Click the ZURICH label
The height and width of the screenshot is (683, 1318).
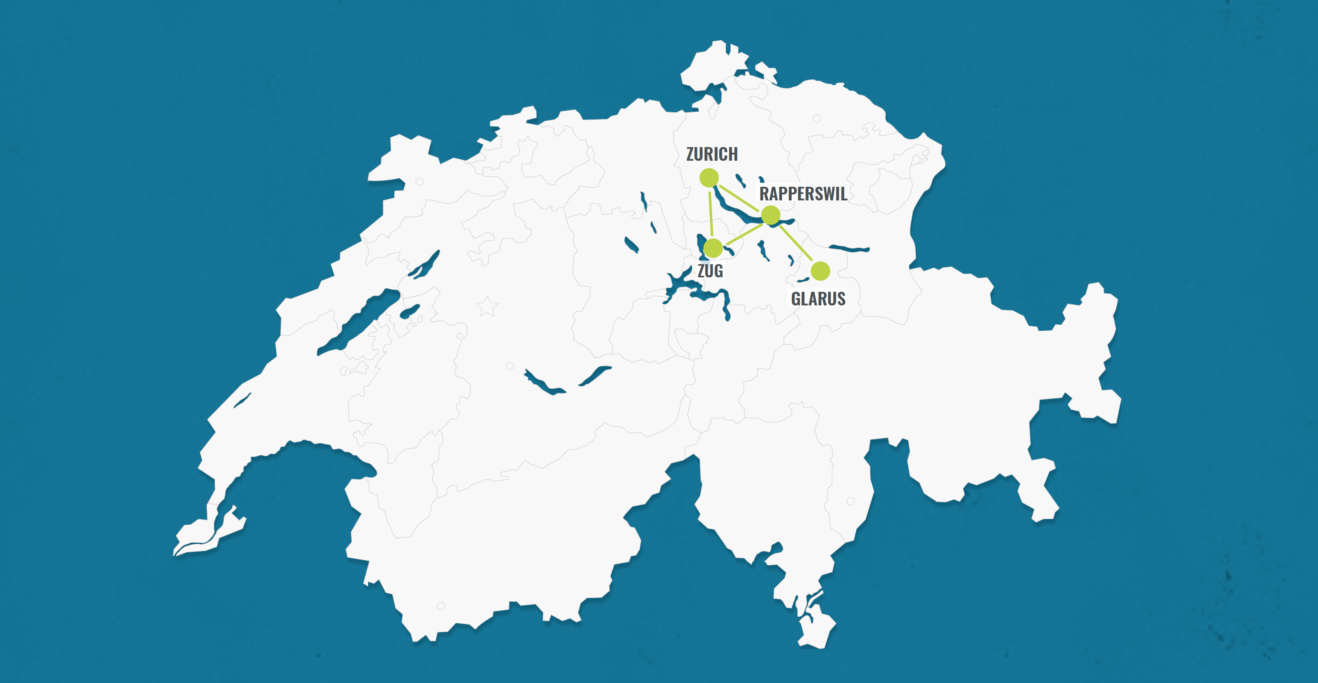tap(712, 154)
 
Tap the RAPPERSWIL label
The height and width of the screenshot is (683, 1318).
tap(803, 194)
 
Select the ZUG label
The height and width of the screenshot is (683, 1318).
tap(710, 271)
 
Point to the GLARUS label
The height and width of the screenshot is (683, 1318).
tap(817, 299)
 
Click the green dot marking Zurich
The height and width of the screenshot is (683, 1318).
tap(709, 178)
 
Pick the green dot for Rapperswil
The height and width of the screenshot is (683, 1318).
tap(771, 215)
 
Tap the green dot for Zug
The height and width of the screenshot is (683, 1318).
tap(713, 249)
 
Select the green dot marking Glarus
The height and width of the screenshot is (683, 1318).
tap(820, 271)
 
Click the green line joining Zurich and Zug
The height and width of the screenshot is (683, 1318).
tap(711, 213)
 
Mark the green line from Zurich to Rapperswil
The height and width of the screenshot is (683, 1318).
tap(740, 197)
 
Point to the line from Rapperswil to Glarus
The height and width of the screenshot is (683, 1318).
tap(796, 243)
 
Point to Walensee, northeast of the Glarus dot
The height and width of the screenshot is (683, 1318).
tap(849, 249)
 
